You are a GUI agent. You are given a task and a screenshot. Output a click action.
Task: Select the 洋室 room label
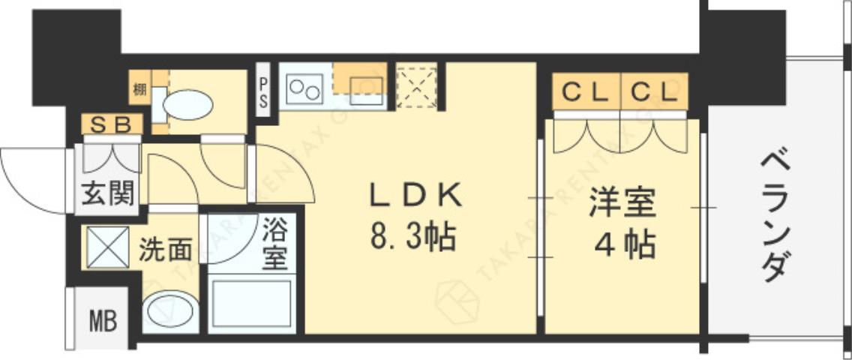pos(622,204)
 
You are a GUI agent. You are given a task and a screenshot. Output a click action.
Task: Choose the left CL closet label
pos(585,92)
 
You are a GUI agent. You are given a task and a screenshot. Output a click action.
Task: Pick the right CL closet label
pos(652,92)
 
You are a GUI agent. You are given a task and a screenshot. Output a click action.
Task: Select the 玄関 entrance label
pos(107,195)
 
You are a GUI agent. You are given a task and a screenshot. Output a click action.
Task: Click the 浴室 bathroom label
pos(274,242)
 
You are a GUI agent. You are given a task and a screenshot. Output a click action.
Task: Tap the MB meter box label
pos(103,322)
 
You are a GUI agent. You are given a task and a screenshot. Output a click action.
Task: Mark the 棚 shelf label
pos(139,91)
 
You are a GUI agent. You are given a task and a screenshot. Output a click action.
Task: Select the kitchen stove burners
pos(303,88)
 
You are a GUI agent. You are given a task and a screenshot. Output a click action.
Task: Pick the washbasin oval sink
pos(170,311)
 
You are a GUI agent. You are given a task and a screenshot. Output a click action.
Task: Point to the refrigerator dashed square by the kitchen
pos(416,86)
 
